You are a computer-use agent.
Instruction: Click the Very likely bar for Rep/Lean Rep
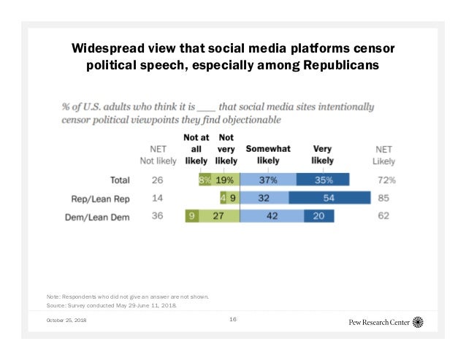(329, 198)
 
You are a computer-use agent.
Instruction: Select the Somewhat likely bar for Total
(268, 180)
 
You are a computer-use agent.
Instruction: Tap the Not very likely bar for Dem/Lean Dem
(218, 216)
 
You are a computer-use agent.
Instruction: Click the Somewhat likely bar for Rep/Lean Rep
(264, 198)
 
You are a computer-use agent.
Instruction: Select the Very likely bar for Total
(323, 180)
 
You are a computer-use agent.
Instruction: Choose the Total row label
(119, 180)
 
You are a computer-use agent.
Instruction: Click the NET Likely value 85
(383, 198)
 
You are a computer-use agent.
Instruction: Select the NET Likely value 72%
(385, 180)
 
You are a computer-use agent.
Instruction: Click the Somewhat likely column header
(268, 154)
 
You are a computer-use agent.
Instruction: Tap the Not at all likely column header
(195, 148)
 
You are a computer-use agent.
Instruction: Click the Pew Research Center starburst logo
(418, 322)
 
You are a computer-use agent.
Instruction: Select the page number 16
(233, 319)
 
